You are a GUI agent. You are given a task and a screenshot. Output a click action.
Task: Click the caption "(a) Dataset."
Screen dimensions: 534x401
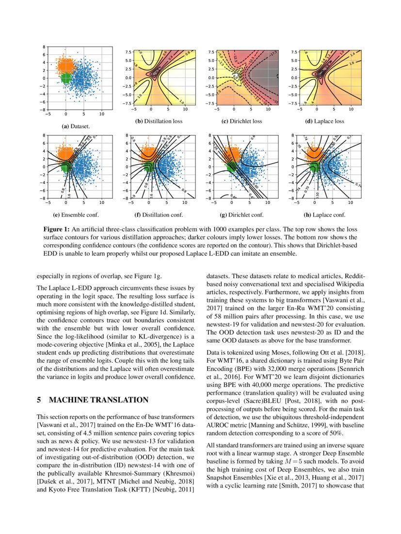pos(71,126)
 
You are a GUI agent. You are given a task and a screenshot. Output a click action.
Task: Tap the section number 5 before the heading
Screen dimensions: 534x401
pos(39,400)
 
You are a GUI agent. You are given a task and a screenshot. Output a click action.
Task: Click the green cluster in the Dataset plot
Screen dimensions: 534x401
pos(66,77)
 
